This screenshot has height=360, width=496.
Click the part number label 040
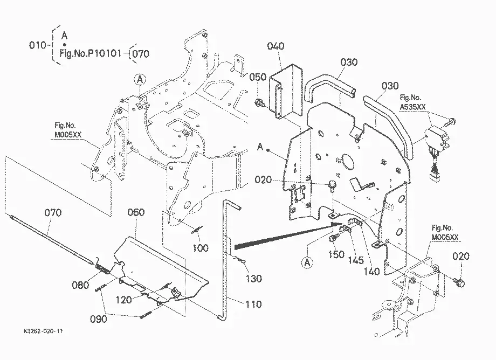point(275,46)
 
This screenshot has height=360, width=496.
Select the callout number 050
point(258,77)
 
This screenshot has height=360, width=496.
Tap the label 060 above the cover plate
point(136,212)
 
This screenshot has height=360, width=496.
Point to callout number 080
point(80,285)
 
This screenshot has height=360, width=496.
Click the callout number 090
point(98,319)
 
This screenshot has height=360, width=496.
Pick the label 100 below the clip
point(201,248)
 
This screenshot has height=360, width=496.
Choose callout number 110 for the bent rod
point(254,304)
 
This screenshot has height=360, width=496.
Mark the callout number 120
point(123,300)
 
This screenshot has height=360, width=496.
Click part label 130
point(254,279)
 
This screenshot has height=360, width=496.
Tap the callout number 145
point(356,260)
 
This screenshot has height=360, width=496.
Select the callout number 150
point(336,254)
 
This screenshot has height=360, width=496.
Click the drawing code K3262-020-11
point(43,331)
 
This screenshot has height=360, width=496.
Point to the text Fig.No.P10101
point(91,53)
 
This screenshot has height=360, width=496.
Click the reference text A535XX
point(413,107)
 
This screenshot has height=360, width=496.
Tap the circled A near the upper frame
point(140,80)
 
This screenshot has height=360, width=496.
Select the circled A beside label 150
point(307,262)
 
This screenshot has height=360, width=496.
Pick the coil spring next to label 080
point(102,268)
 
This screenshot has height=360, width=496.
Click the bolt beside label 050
point(260,103)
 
